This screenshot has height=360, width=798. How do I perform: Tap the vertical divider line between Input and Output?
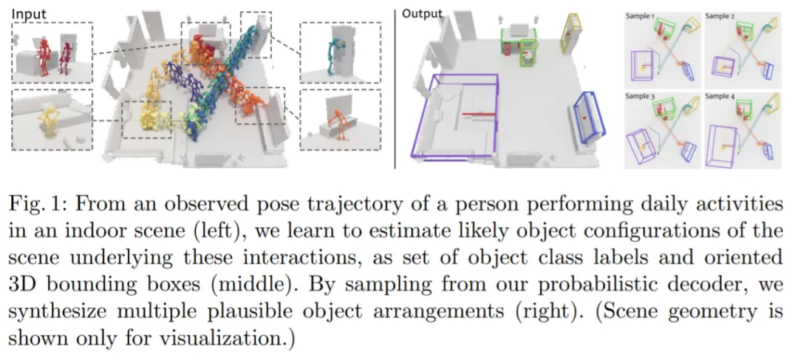(396, 85)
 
